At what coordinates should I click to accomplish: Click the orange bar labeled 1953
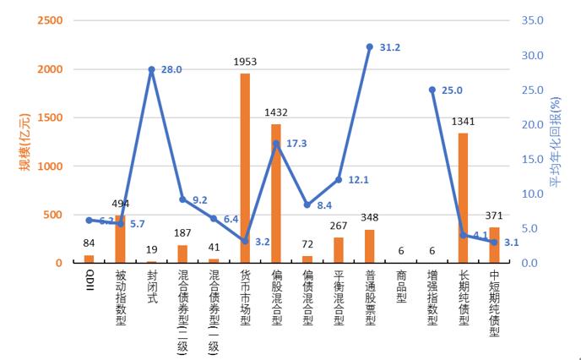[x=245, y=168]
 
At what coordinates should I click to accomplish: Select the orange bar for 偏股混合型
[x=276, y=194]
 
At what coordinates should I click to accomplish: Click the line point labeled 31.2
[x=370, y=47]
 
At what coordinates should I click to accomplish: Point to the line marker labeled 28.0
[x=151, y=69]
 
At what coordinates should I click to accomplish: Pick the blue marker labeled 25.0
[x=432, y=90]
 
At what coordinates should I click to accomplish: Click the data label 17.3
[x=296, y=145]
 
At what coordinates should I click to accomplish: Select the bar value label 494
[x=120, y=204]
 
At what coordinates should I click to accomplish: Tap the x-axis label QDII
[x=90, y=279]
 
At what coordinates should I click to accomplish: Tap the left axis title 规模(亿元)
[x=24, y=141]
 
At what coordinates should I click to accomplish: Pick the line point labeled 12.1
[x=339, y=180]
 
